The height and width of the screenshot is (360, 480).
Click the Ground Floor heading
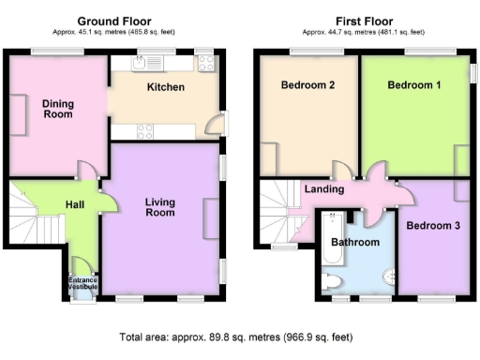[113, 21]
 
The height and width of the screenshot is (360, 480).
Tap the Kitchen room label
[165, 87]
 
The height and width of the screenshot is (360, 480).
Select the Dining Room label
[57, 109]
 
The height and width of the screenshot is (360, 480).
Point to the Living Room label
[159, 206]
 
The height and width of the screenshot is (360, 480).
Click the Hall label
[76, 204]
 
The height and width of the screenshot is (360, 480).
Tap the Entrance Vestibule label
[82, 282]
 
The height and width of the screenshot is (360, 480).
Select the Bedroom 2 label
[307, 85]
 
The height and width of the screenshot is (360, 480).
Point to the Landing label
[324, 189]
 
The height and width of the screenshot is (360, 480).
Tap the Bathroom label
[355, 242]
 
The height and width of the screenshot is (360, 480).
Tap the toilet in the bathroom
[331, 279]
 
